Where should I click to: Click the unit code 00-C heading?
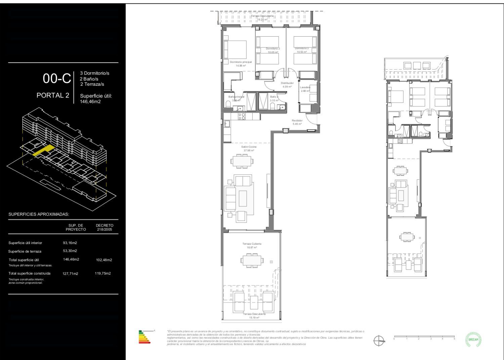coord(57,79)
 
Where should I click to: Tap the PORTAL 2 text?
coord(53,95)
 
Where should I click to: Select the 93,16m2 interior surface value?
coord(70,243)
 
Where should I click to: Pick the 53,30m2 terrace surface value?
coord(70,251)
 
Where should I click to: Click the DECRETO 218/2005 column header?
coord(104,228)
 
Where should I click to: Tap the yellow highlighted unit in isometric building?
coord(44,150)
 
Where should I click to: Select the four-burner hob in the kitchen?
coord(242,116)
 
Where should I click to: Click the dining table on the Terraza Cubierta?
coord(252,260)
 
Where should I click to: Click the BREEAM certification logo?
coord(473,339)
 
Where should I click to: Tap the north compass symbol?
coord(379,341)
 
